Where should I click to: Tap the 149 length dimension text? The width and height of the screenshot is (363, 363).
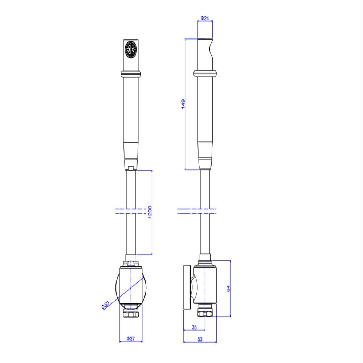coord(183,104)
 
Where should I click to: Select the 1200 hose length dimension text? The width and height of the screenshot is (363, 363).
coord(150,213)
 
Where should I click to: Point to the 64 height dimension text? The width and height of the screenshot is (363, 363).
coord(228,289)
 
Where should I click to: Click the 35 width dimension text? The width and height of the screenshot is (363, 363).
coord(194,327)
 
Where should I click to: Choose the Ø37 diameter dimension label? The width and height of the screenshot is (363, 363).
coord(131,339)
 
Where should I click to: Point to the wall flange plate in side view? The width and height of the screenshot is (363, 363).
coord(187,287)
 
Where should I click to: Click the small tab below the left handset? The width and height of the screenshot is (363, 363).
coord(131,168)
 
